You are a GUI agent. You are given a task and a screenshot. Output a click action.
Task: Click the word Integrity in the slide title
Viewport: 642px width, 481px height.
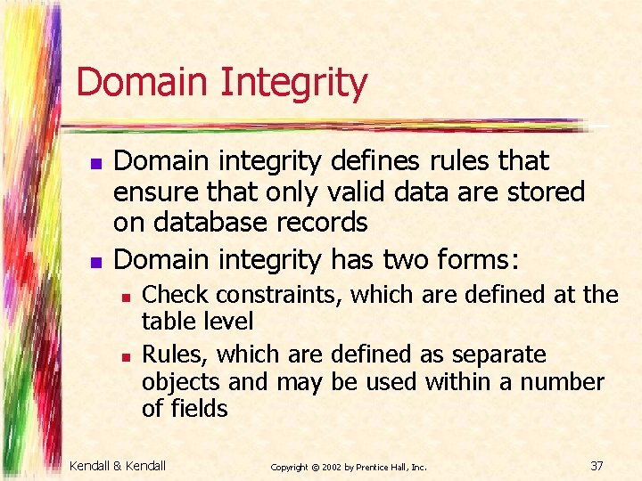tap(292, 84)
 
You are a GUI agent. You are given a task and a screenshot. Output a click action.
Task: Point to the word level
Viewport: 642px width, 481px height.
tap(231, 321)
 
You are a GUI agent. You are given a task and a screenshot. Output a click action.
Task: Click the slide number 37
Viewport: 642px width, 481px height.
tap(597, 465)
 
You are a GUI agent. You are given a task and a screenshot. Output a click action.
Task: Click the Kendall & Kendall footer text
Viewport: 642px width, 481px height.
tap(118, 465)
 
